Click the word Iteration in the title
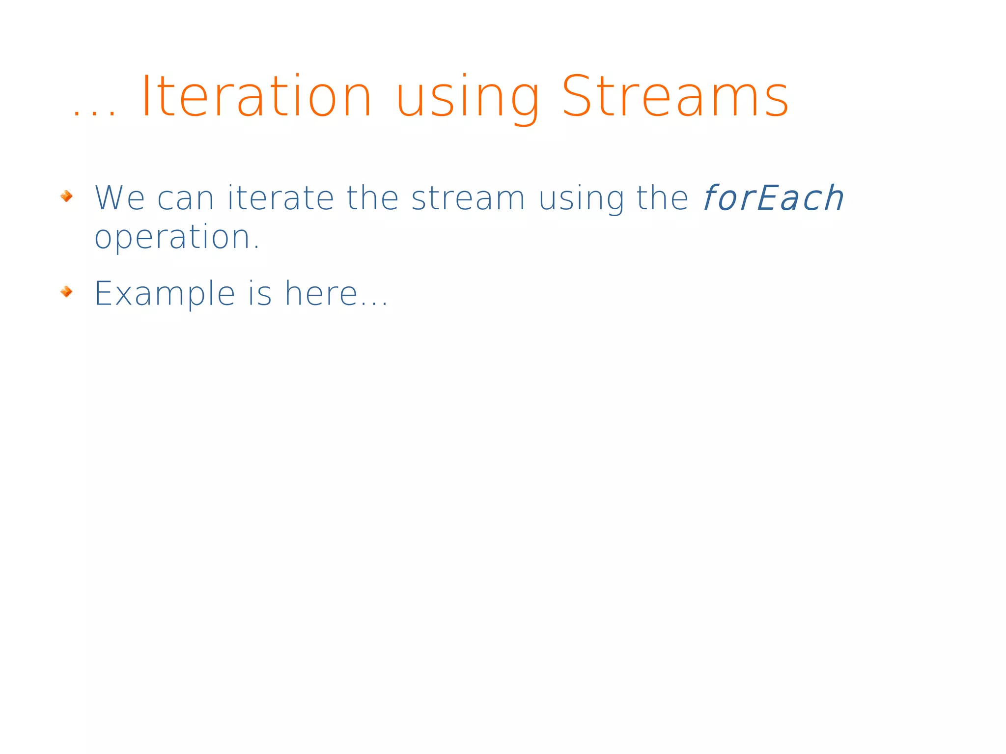click(256, 97)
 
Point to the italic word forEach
click(773, 198)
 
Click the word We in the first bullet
click(119, 198)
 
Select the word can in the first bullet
click(186, 199)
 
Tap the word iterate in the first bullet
click(281, 198)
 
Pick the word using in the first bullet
click(582, 199)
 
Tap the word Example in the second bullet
click(165, 294)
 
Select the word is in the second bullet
click(260, 294)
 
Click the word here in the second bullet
click(321, 294)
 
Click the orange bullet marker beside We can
click(67, 196)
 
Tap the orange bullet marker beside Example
click(67, 292)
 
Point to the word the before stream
click(372, 198)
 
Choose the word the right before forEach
click(662, 198)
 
